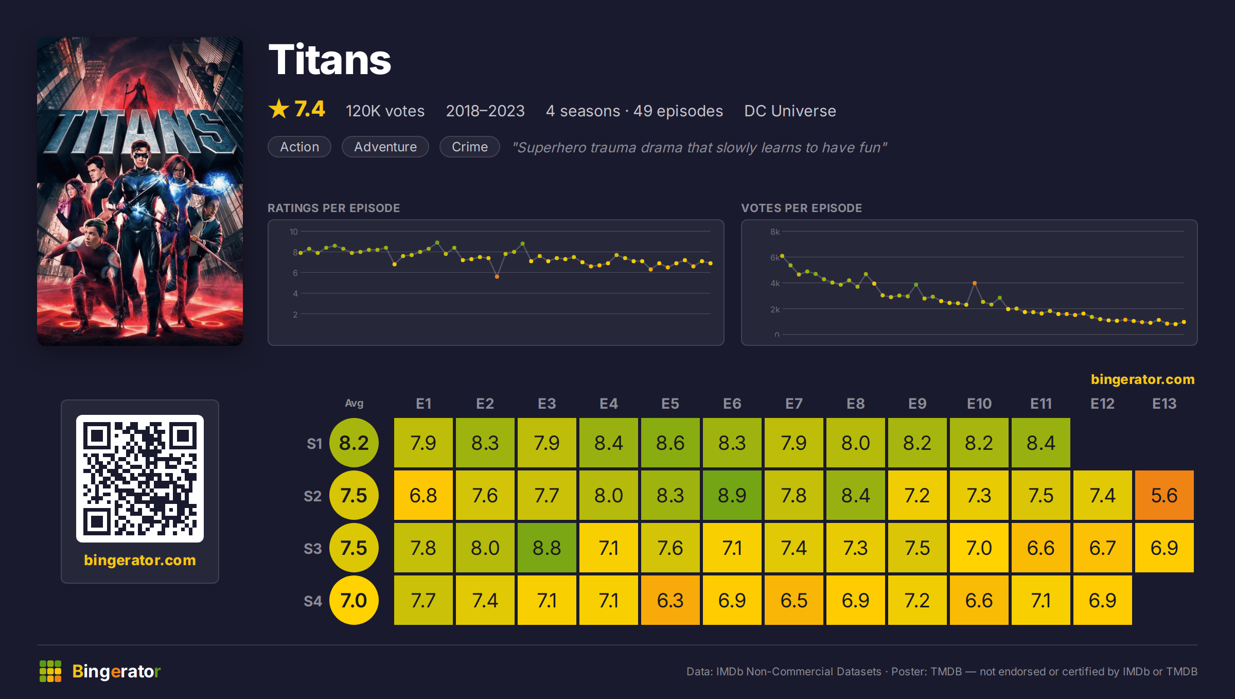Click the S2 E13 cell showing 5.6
[1164, 495]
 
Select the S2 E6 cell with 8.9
[732, 495]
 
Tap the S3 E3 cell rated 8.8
[546, 548]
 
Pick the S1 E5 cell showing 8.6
[670, 443]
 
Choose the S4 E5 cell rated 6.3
[670, 600]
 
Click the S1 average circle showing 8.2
[354, 443]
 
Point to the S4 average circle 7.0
[354, 600]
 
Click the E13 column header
[1164, 404]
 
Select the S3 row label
[313, 549]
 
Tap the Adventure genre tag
[385, 147]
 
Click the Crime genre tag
[470, 147]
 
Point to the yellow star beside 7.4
[279, 109]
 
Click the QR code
[140, 479]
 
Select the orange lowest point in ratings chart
[497, 277]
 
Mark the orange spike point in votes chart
[975, 283]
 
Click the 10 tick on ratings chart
[294, 232]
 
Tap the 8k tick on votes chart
[775, 232]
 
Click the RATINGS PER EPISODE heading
[333, 208]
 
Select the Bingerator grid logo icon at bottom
[50, 671]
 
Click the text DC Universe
[790, 111]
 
